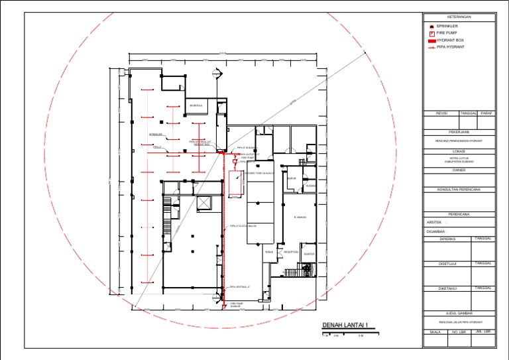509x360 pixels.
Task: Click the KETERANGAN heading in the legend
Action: tap(459, 17)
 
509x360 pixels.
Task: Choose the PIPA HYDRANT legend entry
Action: tap(450, 47)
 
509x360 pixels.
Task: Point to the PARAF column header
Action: tap(487, 113)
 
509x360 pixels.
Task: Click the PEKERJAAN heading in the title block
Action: tap(459, 132)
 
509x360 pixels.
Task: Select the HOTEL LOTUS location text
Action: tap(459, 159)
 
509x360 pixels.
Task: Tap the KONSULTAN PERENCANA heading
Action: tap(459, 189)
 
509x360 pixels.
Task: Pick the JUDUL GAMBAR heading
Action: tap(459, 313)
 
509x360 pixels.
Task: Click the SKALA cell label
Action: tap(435, 331)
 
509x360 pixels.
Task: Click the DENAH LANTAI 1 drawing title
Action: tap(344, 325)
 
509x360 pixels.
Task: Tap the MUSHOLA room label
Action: tap(196, 105)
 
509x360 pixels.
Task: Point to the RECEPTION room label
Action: tap(291, 252)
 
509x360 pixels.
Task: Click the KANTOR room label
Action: tap(308, 254)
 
